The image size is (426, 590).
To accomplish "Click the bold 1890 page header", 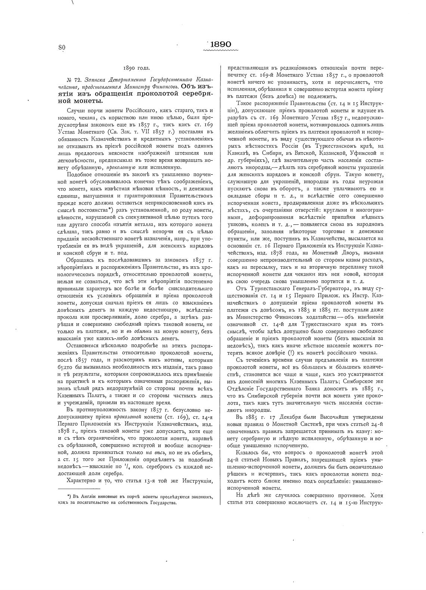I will pos(220,44).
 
